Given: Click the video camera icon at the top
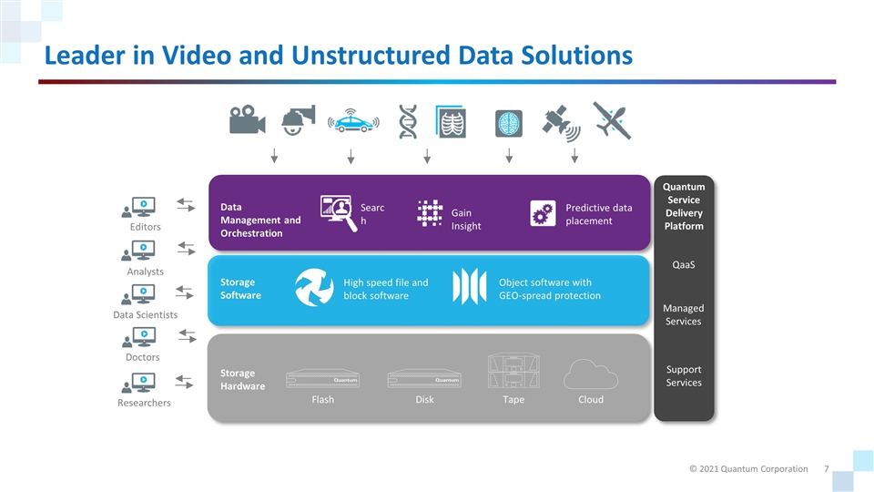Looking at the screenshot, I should [x=247, y=121].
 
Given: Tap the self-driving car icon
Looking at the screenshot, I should [x=351, y=120].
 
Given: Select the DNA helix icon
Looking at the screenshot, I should [x=408, y=121].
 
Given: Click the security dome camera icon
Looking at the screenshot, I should [x=298, y=120].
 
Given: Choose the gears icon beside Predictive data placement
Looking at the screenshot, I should [x=543, y=213].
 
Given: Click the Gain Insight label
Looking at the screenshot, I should [x=466, y=220].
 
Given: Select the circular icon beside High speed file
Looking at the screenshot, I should [x=314, y=288].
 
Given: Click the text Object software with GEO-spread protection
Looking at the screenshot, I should [x=549, y=289].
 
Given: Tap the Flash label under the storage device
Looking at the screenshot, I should [x=322, y=399].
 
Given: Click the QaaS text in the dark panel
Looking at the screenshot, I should [x=683, y=265].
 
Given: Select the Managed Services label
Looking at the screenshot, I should [x=683, y=315].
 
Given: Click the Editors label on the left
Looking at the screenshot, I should [x=145, y=227].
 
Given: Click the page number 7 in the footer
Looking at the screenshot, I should [x=825, y=468].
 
